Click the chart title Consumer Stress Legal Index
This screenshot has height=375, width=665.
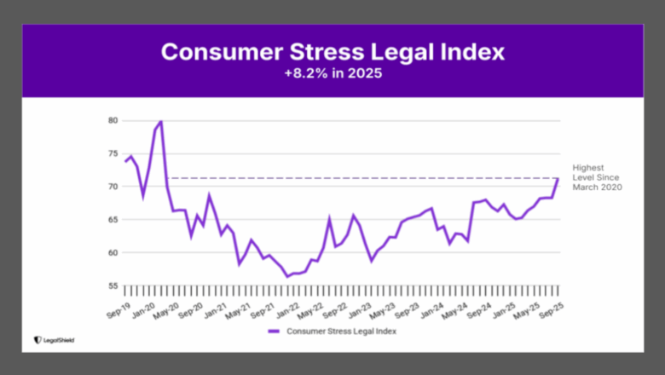332,52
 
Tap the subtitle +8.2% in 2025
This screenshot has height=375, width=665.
332,73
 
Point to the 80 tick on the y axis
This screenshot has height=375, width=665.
113,120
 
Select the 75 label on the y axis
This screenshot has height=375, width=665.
113,153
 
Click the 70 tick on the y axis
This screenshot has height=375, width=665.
113,187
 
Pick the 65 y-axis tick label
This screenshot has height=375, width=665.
113,220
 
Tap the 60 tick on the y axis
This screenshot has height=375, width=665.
113,253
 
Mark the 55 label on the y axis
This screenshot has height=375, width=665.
113,286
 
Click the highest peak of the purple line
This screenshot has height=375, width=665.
161,122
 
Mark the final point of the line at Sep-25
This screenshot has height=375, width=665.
558,179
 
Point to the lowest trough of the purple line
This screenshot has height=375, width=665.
287,276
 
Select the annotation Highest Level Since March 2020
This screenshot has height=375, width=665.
597,177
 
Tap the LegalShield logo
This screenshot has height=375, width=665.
54,339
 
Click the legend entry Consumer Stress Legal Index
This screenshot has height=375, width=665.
332,331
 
